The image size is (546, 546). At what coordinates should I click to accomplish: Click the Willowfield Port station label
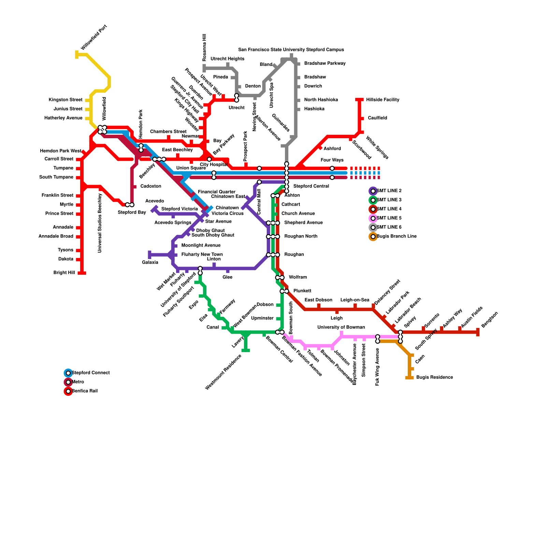94,37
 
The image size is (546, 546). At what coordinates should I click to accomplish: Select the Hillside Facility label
383,100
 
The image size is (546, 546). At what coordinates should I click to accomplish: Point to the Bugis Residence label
434,377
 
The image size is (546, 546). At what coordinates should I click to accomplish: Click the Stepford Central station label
311,186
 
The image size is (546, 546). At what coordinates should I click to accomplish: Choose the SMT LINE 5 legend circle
373,218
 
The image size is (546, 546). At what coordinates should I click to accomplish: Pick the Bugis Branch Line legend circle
373,236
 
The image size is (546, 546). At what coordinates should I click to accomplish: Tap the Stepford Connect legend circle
68,373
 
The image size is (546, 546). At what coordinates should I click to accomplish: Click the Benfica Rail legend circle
68,391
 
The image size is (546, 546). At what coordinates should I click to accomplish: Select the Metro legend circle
68,382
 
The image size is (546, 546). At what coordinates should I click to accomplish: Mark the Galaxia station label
150,262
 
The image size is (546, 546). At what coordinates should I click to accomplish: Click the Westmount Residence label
223,372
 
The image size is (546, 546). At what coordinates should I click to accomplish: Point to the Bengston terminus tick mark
478,332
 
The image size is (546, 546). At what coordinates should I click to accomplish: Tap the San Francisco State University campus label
291,50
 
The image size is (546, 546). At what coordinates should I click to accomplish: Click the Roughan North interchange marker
273,236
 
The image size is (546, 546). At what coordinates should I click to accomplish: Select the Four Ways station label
332,160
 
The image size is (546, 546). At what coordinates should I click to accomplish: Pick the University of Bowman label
341,327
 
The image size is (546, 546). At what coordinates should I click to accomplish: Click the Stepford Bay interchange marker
130,205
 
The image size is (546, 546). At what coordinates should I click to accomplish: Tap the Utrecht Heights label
227,59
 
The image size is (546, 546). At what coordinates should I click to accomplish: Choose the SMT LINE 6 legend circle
373,227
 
